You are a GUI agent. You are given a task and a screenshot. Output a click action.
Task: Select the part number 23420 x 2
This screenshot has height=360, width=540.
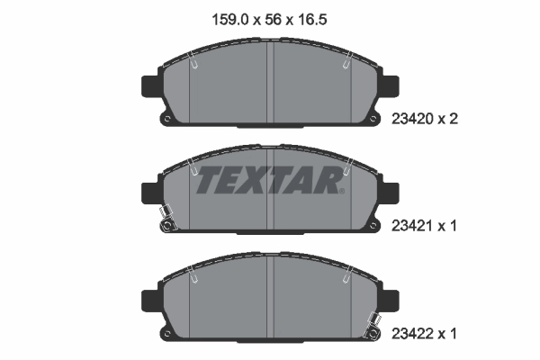click(x=427, y=117)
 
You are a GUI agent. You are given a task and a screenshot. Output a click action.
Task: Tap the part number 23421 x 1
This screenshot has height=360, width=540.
click(x=427, y=226)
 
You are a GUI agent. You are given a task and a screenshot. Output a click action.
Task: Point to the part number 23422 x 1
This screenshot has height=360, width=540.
click(x=427, y=334)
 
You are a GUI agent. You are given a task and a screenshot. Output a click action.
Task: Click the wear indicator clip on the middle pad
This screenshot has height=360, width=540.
click(x=165, y=220)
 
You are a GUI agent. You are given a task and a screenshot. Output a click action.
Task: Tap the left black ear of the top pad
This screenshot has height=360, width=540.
click(x=149, y=86)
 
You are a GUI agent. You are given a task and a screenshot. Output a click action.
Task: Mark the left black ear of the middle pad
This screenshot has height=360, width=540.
click(x=149, y=193)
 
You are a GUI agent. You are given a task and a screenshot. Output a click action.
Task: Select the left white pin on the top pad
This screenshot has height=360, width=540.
click(x=195, y=64)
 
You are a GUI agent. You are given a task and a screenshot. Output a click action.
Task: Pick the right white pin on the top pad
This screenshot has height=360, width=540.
click(x=346, y=64)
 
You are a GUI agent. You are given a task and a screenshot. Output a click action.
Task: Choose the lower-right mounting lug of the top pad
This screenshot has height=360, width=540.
click(x=373, y=120)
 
